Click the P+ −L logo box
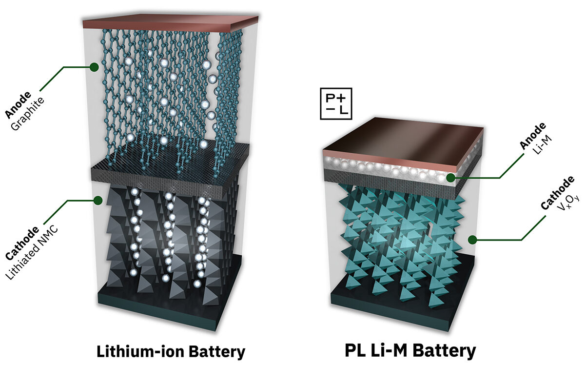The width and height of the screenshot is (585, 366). click(336, 104)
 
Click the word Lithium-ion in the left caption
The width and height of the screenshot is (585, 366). click(140, 351)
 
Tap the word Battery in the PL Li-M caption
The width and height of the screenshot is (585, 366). click(445, 351)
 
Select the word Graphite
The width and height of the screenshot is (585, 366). click(28, 114)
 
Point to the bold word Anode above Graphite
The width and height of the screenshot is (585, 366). click(18, 104)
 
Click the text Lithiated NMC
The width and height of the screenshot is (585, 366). click(32, 253)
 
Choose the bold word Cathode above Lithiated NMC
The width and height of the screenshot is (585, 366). click(22, 244)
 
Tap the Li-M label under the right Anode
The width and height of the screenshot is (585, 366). click(542, 144)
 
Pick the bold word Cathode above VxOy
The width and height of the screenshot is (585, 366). click(557, 193)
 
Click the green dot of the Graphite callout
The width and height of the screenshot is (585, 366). click(94, 67)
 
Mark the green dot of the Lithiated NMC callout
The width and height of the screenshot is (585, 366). click(98, 201)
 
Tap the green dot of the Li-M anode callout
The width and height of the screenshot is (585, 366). click(450, 178)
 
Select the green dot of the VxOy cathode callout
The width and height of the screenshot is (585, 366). click(472, 240)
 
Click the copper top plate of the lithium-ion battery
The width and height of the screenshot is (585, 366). click(170, 23)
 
